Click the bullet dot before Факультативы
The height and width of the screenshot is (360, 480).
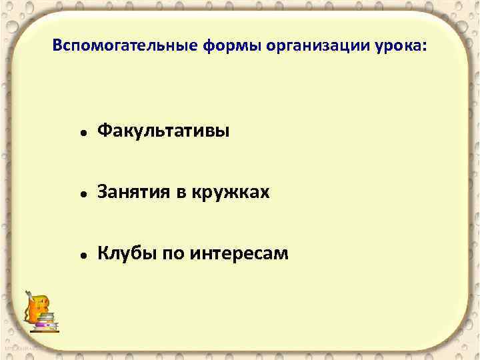80,133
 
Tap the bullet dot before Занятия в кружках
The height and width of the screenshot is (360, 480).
80,194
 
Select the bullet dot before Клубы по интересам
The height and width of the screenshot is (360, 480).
80,255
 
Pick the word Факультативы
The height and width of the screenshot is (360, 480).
163,131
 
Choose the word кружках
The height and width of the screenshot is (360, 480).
231,193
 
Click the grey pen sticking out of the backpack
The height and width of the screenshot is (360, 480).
29,295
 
